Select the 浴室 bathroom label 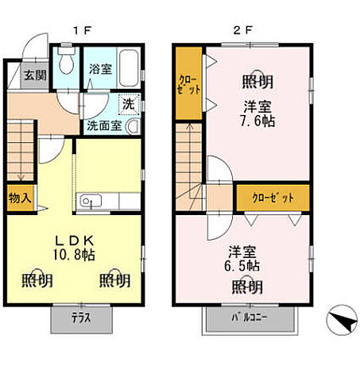(x=100, y=69)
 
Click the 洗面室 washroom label (x=103, y=125)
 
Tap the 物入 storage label (x=19, y=197)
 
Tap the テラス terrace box (x=81, y=319)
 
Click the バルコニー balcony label (x=250, y=319)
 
